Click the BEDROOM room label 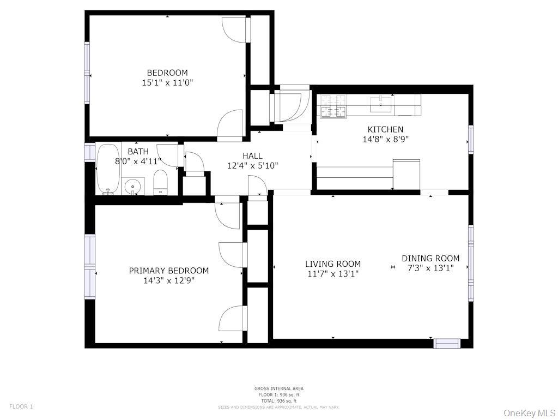[x=167, y=73]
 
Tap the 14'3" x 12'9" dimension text [x=169, y=280]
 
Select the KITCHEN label [x=385, y=129]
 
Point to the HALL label [x=252, y=155]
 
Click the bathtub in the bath [x=108, y=169]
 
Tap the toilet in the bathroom [x=161, y=182]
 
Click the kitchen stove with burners [x=333, y=106]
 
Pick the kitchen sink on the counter [x=381, y=104]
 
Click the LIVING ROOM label [x=332, y=264]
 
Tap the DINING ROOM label [x=430, y=258]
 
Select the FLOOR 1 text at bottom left [x=21, y=406]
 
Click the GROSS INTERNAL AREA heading [x=279, y=388]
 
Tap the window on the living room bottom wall [x=447, y=343]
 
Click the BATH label [x=138, y=151]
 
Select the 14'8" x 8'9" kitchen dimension [x=385, y=139]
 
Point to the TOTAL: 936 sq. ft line [x=279, y=401]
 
